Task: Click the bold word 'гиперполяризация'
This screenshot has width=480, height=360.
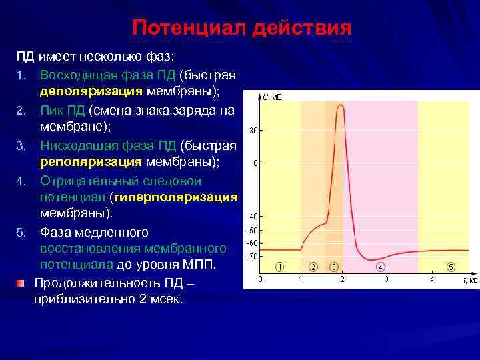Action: [175, 197]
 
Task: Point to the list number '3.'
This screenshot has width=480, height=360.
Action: [21, 145]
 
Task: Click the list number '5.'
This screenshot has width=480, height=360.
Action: [21, 233]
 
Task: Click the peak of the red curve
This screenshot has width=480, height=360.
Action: [341, 105]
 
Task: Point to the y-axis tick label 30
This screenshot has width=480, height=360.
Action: [253, 130]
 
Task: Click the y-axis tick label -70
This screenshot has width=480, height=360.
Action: [252, 256]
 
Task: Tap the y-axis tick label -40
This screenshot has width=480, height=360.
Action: [252, 217]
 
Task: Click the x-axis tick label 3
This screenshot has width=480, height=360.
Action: [387, 279]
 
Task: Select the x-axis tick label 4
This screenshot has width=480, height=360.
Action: [432, 279]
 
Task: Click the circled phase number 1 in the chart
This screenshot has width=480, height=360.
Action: [280, 267]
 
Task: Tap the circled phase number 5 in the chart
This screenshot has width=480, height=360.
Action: [451, 267]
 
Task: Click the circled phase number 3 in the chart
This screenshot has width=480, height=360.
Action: [333, 267]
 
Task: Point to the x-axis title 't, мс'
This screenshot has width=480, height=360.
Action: [469, 280]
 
